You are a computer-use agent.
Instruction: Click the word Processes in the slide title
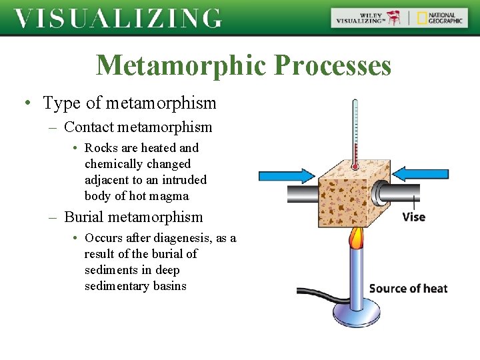coord(332,66)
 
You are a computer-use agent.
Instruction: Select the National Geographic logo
coord(437,18)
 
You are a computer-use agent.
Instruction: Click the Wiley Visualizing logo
coord(369,18)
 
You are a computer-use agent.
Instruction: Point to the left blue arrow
coord(286,175)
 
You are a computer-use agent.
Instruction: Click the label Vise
coord(413,217)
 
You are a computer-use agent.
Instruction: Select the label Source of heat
coord(408,289)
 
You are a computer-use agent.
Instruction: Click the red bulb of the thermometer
coord(355,165)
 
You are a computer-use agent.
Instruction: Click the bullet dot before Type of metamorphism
coord(27,103)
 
